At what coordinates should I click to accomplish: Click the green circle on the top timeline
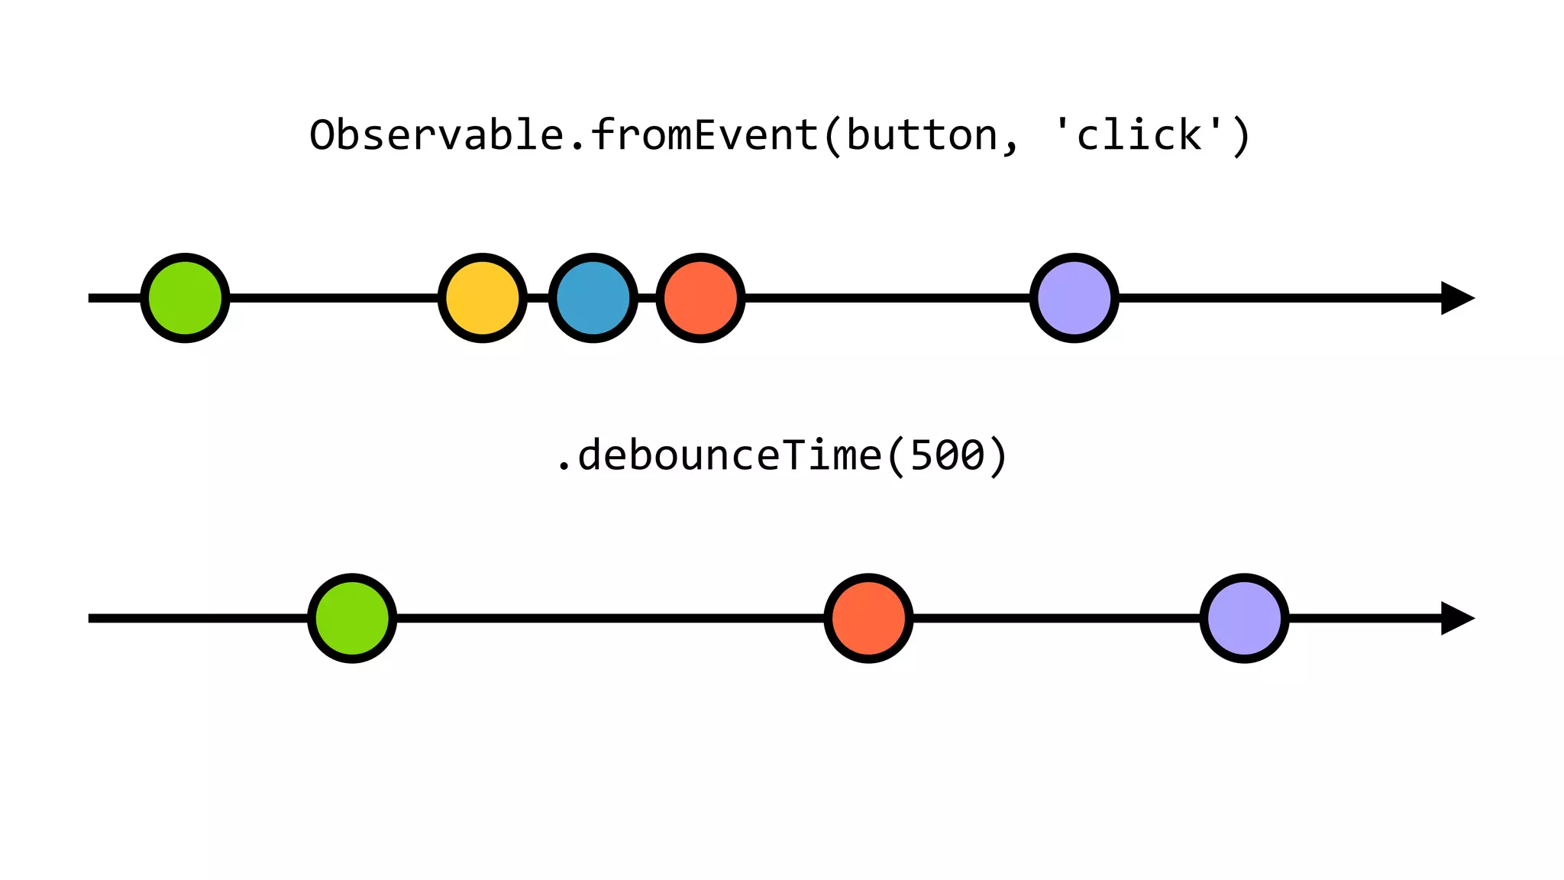click(x=185, y=298)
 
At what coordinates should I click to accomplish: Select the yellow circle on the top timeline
click(x=483, y=298)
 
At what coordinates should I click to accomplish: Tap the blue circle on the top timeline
click(x=593, y=298)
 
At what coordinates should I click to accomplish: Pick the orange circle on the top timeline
click(x=700, y=298)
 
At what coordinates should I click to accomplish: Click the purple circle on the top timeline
click(x=1074, y=298)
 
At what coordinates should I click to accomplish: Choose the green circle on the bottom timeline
click(x=352, y=618)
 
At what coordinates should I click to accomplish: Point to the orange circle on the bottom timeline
click(x=869, y=618)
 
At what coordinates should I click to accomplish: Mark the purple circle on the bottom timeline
click(x=1245, y=618)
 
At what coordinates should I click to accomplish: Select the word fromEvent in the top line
click(x=704, y=135)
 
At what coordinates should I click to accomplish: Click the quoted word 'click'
click(x=1138, y=135)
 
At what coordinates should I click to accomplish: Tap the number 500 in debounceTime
click(x=947, y=456)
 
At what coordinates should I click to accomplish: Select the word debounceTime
click(x=729, y=456)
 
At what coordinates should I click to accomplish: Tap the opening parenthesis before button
click(x=832, y=137)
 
